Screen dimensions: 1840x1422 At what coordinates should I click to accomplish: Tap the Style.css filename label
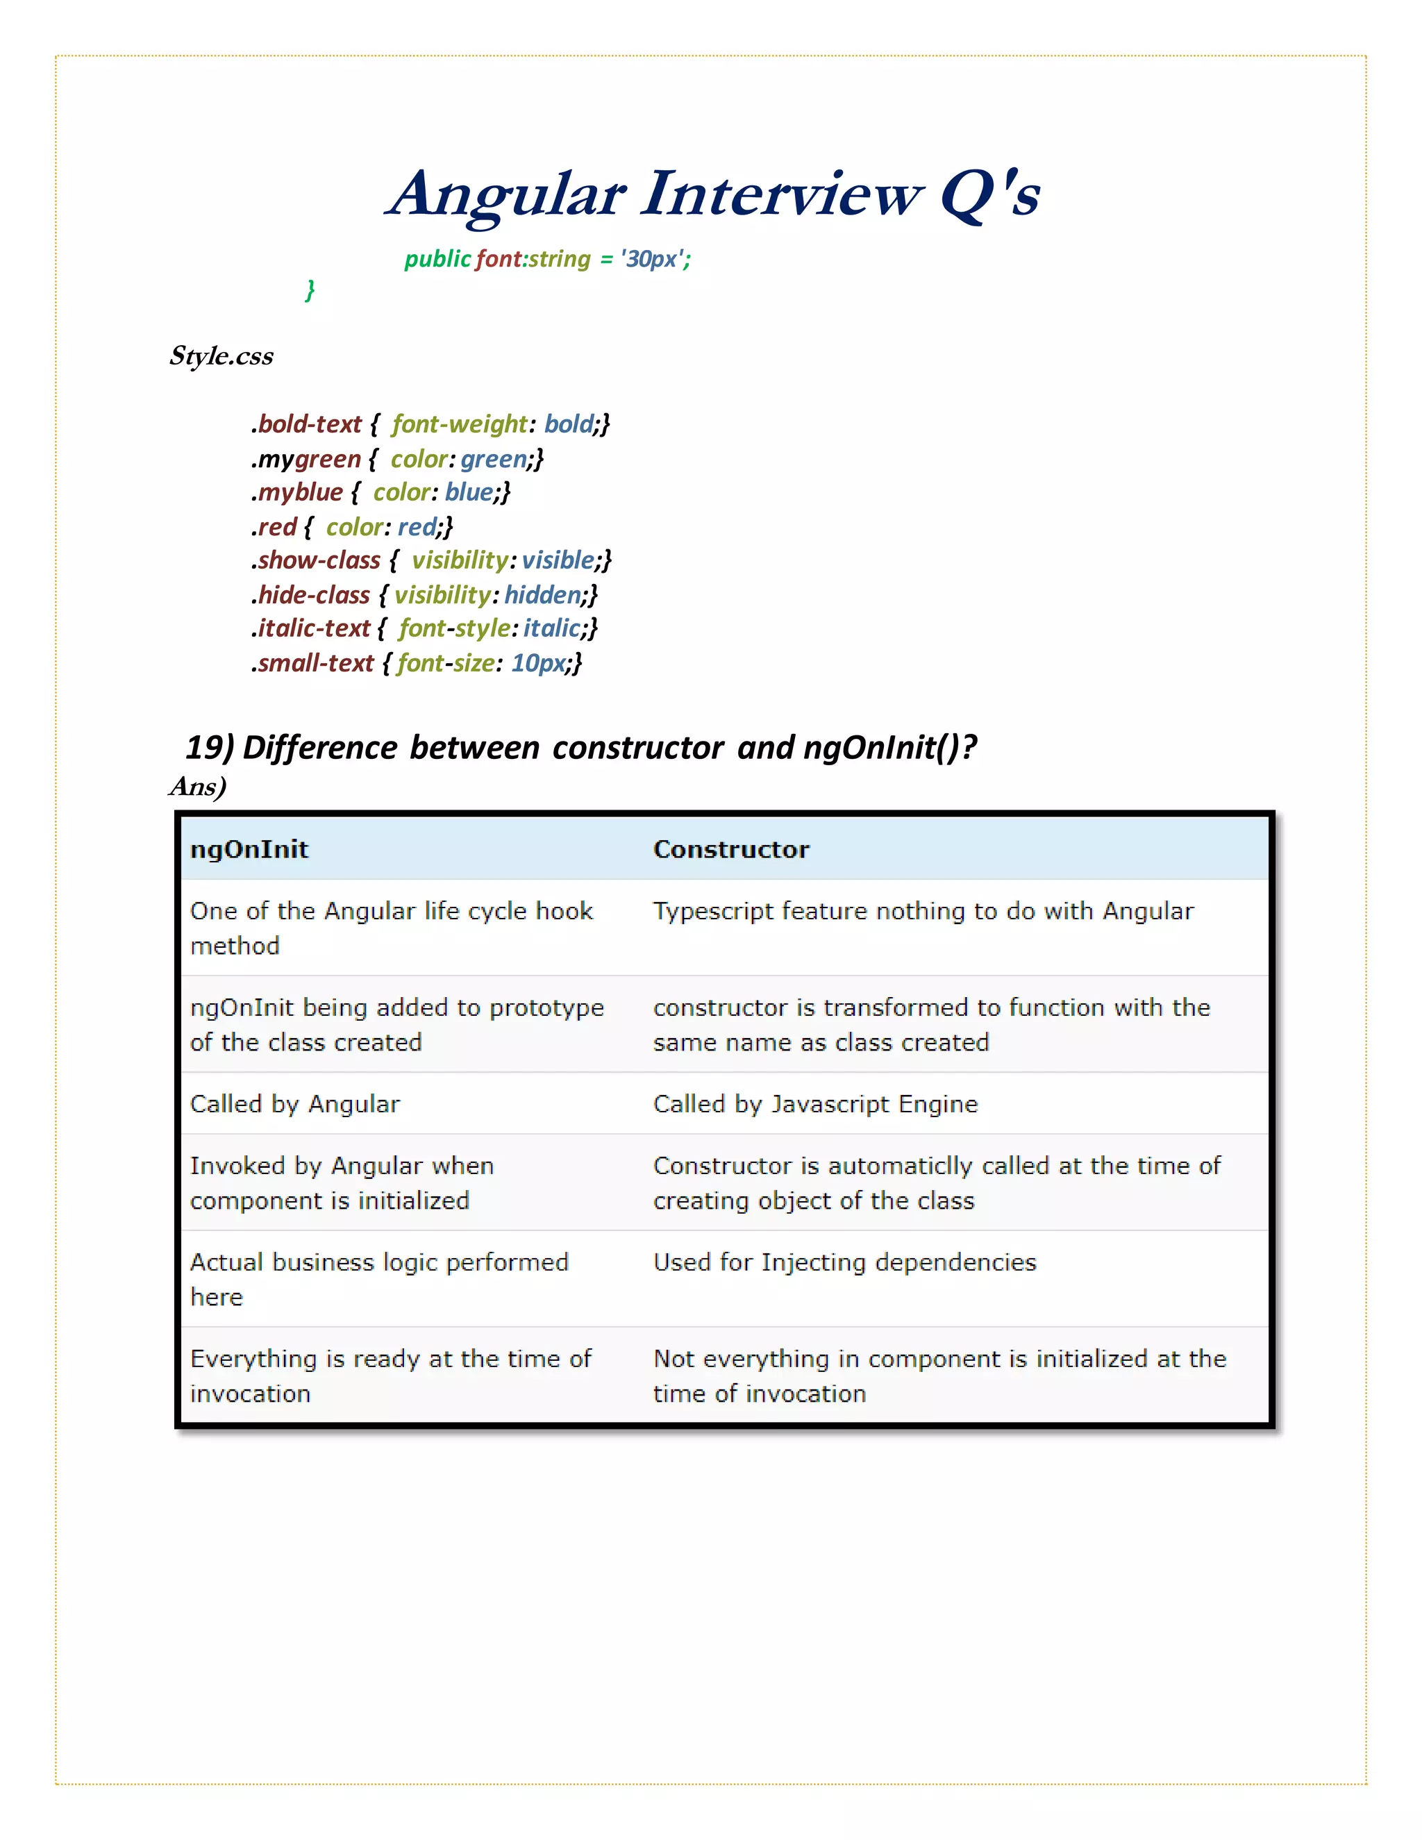point(221,356)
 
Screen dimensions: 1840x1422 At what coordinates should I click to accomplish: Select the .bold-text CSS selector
point(308,424)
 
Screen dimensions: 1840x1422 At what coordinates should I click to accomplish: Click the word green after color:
point(494,459)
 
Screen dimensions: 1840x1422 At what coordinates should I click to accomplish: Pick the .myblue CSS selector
point(297,492)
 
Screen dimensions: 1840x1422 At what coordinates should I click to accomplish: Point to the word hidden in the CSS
point(542,595)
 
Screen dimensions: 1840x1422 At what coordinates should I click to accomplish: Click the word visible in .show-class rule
point(558,560)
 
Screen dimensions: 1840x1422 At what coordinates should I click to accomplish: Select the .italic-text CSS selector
point(312,628)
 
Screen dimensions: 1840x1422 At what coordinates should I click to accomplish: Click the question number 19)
point(209,747)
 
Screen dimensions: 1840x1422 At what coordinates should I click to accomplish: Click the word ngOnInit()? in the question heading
point(889,747)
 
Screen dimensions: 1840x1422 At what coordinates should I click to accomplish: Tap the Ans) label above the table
point(198,787)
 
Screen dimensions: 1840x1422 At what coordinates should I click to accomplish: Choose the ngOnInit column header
point(249,849)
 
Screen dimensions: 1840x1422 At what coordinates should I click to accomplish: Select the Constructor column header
point(731,849)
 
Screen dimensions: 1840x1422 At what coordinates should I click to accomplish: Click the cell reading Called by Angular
point(295,1104)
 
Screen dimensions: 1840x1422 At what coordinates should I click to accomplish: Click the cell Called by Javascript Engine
point(815,1104)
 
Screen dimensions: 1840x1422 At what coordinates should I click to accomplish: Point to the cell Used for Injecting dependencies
point(845,1262)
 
